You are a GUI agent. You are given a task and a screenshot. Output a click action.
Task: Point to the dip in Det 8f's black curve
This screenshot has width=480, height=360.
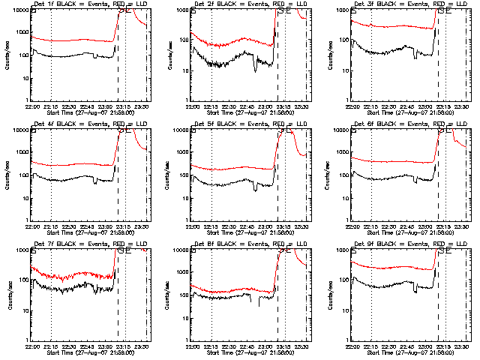pyautogui.click(x=260, y=304)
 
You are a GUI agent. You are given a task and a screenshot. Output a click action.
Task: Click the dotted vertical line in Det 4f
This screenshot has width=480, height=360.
pyautogui.click(x=51, y=172)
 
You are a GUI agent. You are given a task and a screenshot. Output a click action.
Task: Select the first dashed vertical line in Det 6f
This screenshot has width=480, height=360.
pyautogui.click(x=439, y=172)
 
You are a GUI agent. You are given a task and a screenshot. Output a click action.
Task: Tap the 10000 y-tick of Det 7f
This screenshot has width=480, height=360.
pyautogui.click(x=19, y=250)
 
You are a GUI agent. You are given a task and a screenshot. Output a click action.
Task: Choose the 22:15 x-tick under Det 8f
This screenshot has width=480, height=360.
pyautogui.click(x=211, y=345)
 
